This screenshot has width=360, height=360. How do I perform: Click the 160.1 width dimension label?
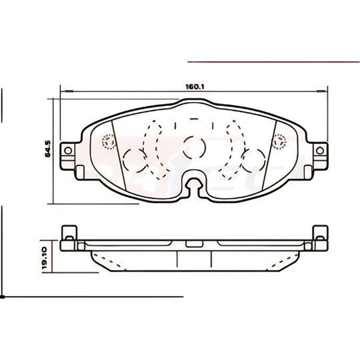[195, 86]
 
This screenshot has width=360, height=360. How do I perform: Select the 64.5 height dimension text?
[48, 148]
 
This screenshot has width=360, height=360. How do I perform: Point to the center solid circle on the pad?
[194, 147]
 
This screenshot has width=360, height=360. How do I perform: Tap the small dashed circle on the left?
[107, 141]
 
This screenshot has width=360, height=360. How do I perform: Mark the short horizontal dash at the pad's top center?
[194, 118]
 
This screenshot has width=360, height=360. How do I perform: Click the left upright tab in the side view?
[67, 237]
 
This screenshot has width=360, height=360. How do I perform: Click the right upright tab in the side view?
[321, 237]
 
